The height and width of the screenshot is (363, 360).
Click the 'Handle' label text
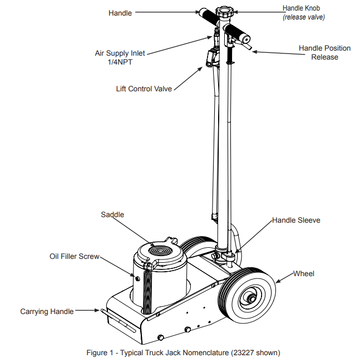tap(120, 12)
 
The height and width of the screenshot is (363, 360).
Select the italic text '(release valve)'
tap(303, 17)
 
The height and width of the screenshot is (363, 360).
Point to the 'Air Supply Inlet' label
tap(120, 53)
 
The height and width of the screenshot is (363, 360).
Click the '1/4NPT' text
tap(120, 62)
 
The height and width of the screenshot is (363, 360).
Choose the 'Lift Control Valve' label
tap(144, 89)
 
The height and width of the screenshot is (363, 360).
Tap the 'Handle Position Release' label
tap(324, 52)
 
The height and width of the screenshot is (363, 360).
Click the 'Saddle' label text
tap(112, 214)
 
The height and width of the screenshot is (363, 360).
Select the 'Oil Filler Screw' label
tap(74, 257)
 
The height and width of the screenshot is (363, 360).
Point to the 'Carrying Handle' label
tap(47, 312)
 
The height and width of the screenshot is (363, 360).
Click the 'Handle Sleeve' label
tap(296, 220)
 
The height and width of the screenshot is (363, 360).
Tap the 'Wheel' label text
tap(304, 273)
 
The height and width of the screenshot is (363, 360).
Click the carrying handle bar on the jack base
tap(109, 318)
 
